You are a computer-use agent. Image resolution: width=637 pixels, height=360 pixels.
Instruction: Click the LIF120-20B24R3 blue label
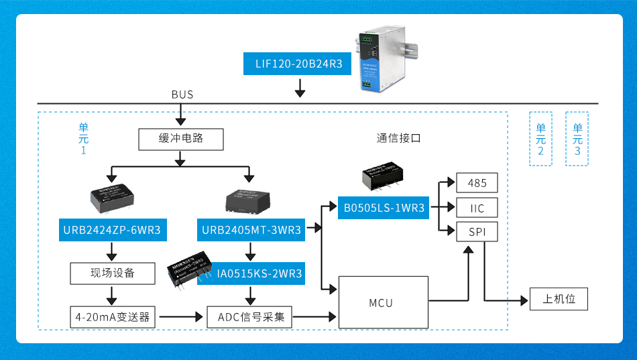tap(299, 64)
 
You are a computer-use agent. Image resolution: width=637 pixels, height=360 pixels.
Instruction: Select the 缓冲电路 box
tap(181, 139)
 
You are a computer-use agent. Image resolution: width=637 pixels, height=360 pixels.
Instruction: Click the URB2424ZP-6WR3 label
tap(112, 231)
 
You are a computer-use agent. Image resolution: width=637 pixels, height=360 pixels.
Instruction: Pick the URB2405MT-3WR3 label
tap(251, 231)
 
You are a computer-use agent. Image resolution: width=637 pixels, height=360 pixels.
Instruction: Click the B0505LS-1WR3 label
tap(385, 208)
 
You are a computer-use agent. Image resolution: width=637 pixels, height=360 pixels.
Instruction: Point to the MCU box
tap(382, 303)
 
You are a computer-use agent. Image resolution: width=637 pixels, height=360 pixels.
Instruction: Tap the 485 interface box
tap(477, 183)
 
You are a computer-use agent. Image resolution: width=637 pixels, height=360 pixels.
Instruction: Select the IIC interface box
tap(477, 208)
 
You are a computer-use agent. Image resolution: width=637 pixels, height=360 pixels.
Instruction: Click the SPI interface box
tap(477, 233)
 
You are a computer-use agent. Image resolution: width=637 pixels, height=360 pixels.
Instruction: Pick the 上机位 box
tap(559, 299)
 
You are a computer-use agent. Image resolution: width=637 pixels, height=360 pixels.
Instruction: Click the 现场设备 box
tap(112, 273)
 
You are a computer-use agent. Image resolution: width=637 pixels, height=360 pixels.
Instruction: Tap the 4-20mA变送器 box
tap(112, 316)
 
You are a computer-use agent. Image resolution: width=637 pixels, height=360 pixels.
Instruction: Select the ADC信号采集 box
tap(251, 316)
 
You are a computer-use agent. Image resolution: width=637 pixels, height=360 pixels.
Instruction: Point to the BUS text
tap(182, 95)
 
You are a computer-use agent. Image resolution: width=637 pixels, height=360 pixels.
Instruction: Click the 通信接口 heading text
tap(398, 139)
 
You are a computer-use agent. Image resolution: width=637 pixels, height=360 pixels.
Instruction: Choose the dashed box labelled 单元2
tap(540, 138)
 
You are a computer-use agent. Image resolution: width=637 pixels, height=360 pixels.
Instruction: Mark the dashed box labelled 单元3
tap(577, 138)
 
